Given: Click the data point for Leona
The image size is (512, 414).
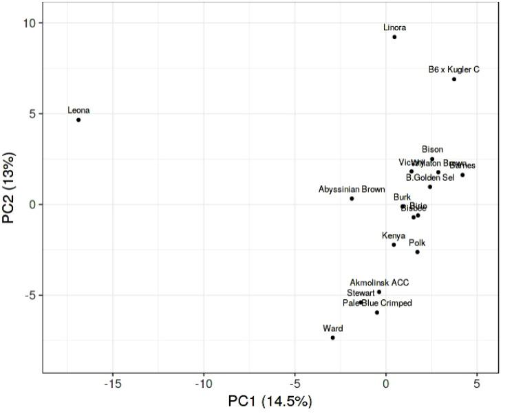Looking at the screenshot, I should [78, 120].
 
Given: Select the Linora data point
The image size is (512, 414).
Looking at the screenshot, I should [394, 36].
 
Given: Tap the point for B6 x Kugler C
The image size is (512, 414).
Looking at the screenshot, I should [454, 79].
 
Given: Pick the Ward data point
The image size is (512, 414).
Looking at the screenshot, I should [332, 338].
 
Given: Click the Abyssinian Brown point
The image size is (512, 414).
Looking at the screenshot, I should [352, 199].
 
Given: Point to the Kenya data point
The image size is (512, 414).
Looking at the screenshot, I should [394, 245].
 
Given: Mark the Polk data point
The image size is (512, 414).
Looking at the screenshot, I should [417, 252].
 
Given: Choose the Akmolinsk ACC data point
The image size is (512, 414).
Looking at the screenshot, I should [379, 292].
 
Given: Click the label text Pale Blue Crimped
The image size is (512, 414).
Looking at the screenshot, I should [377, 303].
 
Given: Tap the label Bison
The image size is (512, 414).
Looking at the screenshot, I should [433, 149].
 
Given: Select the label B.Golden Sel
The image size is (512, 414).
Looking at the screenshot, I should [430, 177].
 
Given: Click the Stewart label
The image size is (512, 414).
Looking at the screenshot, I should [361, 292].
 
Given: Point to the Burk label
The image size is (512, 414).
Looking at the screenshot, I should [402, 197].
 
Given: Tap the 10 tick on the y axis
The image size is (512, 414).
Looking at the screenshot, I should [30, 23].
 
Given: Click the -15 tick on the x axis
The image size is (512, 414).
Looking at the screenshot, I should [111, 384].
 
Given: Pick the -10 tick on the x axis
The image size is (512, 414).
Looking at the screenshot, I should [203, 384].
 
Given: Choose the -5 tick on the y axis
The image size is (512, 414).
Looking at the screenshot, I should [30, 295].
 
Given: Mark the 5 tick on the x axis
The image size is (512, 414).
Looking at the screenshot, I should [477, 384].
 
